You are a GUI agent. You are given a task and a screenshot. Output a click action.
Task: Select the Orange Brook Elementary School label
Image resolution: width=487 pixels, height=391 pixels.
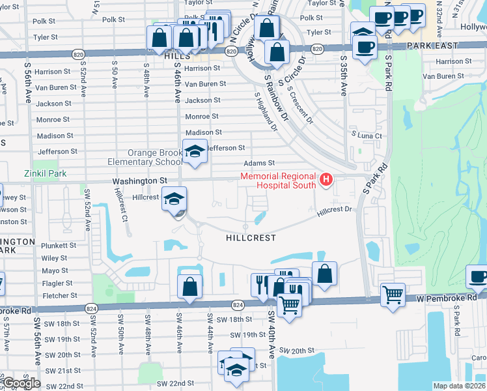pyautogui.click(x=155, y=158)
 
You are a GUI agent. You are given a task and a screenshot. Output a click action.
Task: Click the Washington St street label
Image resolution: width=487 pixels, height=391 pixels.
pyautogui.click(x=139, y=181)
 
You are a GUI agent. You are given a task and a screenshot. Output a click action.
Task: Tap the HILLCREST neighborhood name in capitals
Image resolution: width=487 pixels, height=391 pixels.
pyautogui.click(x=251, y=239)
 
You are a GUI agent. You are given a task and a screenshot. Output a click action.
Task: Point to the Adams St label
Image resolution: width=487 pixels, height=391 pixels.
pyautogui.click(x=259, y=164)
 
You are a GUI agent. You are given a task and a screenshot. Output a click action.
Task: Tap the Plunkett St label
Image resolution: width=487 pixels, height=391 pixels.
pyautogui.click(x=59, y=246)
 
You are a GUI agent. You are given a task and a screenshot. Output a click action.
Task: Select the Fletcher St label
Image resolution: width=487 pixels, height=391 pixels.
pyautogui.click(x=57, y=295)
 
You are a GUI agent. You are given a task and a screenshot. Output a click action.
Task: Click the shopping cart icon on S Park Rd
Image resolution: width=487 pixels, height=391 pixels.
pyautogui.click(x=393, y=294)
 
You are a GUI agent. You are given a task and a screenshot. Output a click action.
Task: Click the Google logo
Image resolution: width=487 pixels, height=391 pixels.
pyautogui.click(x=21, y=383)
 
